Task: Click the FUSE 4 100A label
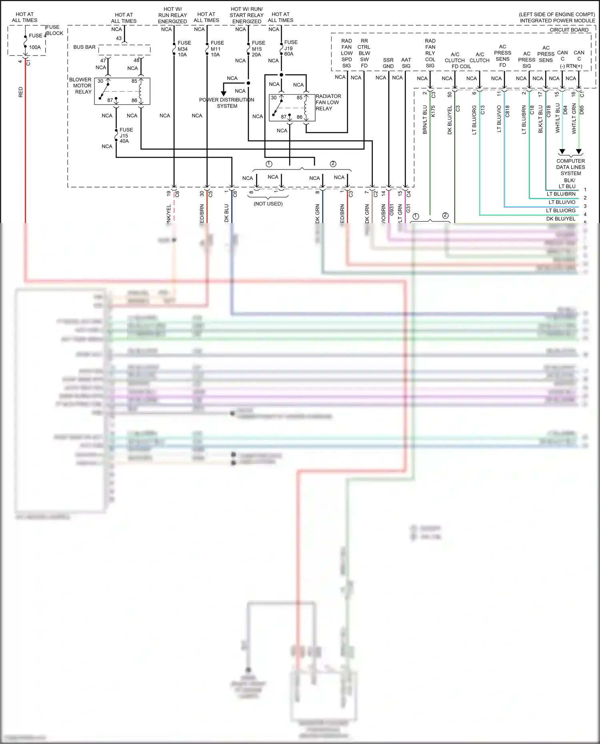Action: point(35,41)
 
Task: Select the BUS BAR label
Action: point(84,47)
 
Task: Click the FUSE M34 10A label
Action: point(184,49)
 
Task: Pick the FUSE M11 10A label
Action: point(217,49)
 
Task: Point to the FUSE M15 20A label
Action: point(258,49)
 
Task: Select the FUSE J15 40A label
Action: point(126,135)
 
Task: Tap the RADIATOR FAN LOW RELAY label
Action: point(328,102)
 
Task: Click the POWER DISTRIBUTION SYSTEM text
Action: point(227,103)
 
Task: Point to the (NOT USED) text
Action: point(268,204)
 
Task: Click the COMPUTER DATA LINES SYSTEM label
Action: point(570,167)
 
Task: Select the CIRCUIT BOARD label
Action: point(569,30)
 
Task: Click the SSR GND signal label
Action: point(388,63)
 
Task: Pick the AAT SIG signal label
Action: point(406,63)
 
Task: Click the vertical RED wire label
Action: point(21,92)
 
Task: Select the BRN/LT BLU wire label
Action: point(425,119)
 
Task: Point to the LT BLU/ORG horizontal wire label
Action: point(561,211)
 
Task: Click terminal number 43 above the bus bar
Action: point(119,38)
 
